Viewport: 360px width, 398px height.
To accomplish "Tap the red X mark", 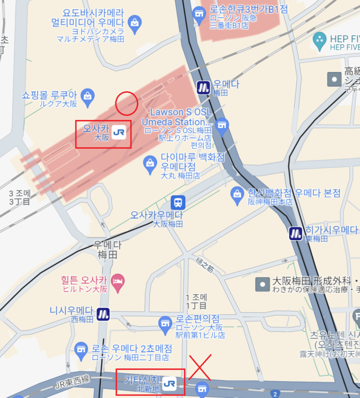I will (200, 367).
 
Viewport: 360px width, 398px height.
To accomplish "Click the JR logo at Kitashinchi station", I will (169, 383).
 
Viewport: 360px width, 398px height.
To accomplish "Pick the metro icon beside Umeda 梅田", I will (203, 87).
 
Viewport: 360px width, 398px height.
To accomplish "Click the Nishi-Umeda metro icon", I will (103, 314).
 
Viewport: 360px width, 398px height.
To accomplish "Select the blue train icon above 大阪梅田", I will (178, 202).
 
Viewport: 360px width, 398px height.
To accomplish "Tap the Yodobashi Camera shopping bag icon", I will (134, 22).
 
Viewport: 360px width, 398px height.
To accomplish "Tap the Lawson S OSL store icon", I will (222, 127).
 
